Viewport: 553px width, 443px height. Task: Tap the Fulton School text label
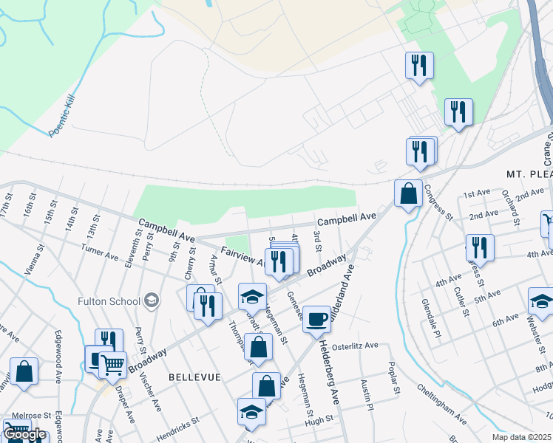pyautogui.click(x=109, y=301)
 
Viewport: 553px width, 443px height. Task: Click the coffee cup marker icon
pyautogui.click(x=317, y=320)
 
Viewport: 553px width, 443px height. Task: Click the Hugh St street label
pyautogui.click(x=319, y=420)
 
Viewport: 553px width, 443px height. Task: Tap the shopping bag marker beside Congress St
pyautogui.click(x=408, y=195)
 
